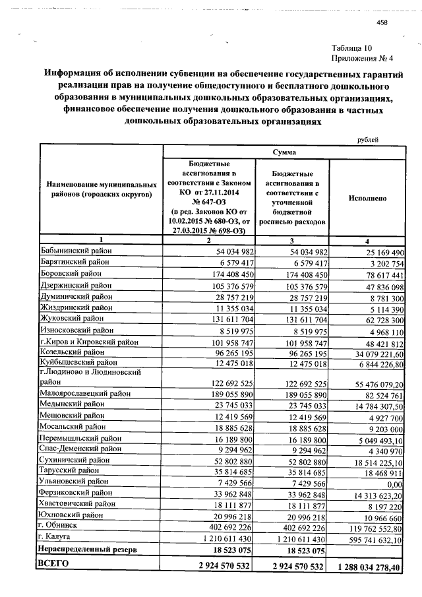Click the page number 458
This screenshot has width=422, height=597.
[381, 23]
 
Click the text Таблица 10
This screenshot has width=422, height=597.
[353, 48]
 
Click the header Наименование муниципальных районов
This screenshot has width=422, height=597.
[101, 191]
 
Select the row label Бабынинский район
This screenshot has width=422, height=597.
[76, 251]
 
